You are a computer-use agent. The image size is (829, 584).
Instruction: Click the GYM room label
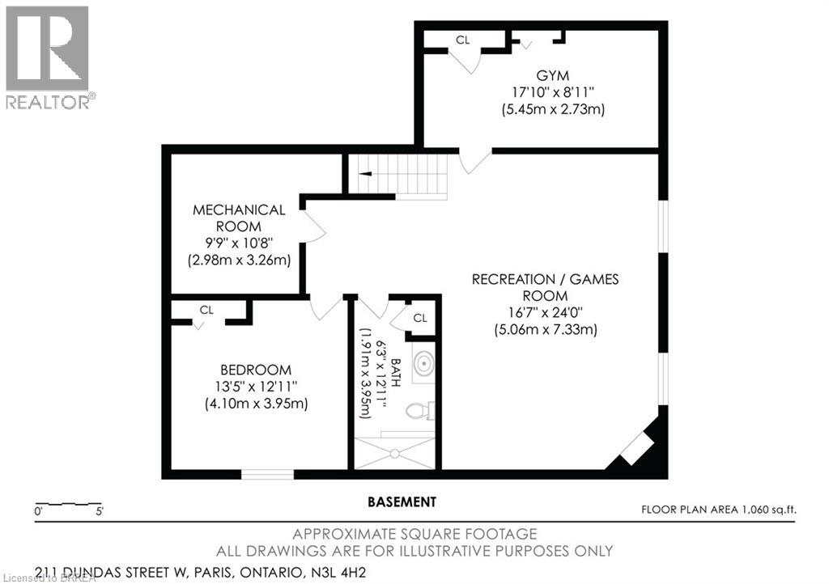click(553, 74)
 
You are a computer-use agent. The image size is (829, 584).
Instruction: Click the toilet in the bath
click(420, 412)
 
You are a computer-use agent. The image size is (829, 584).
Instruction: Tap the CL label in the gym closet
click(462, 40)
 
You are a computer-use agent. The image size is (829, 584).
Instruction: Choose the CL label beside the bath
click(420, 318)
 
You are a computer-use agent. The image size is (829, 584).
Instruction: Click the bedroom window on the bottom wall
click(268, 474)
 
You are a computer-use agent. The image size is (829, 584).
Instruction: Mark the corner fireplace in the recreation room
click(638, 446)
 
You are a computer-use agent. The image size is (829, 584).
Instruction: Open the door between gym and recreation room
click(474, 160)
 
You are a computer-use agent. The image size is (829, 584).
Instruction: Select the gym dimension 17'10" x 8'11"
click(553, 91)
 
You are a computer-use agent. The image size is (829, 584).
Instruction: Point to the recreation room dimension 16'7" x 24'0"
click(545, 312)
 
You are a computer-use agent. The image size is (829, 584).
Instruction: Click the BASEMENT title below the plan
click(402, 501)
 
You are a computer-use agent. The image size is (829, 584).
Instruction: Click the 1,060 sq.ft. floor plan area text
click(719, 509)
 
